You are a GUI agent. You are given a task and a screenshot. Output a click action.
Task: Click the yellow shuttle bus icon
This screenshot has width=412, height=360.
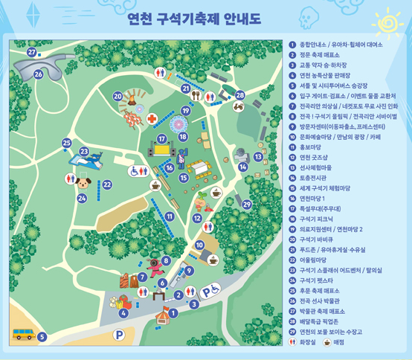point(23,335)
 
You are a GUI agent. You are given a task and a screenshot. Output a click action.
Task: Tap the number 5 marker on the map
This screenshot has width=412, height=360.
point(42,337)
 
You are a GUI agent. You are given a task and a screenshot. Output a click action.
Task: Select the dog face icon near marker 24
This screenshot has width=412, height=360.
point(83,182)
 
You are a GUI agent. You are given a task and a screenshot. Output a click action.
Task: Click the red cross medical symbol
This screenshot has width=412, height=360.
point(152,119)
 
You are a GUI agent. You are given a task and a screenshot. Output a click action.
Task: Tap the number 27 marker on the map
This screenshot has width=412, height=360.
point(31,53)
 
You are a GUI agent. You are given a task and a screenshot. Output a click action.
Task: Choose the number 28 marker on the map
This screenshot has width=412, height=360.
point(240,95)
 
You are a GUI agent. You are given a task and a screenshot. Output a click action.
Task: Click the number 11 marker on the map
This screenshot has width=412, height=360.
point(170,216)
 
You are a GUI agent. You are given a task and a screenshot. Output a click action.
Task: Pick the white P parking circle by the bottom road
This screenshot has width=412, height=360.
point(118,335)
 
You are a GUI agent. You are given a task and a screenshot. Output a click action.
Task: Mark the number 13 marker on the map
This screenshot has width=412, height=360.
point(258,157)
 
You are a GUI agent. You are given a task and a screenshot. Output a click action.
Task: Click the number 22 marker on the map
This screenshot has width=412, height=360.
point(107,184)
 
